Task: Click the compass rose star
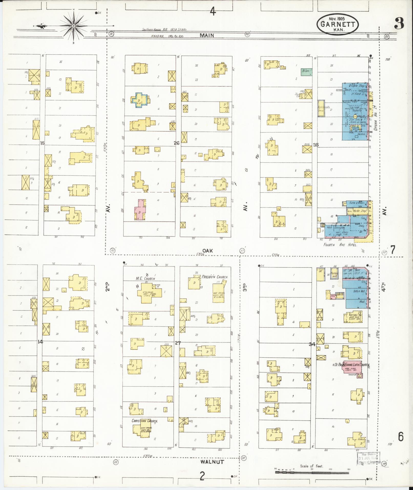73,26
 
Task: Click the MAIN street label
207,36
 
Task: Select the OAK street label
207,251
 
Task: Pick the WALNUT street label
212,462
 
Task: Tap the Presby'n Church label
215,277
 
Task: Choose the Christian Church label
144,421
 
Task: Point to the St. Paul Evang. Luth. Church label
352,364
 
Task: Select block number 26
176,143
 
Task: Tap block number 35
316,145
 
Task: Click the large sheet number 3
399,24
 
